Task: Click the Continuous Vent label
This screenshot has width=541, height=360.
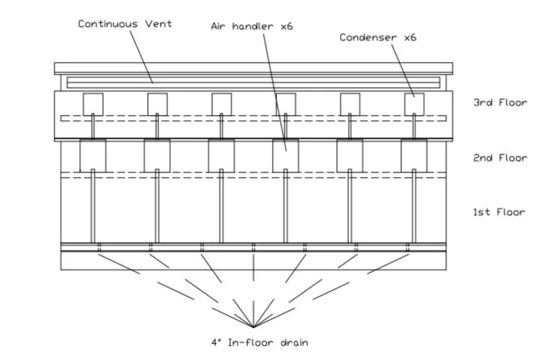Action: coord(125,24)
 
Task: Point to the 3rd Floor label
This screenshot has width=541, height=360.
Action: coord(500,103)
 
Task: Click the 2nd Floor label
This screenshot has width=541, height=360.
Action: coord(500,158)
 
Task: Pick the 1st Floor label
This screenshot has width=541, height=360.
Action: coord(500,213)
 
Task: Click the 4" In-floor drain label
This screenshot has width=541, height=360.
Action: coord(259,343)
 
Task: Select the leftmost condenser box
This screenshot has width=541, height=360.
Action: coord(93,103)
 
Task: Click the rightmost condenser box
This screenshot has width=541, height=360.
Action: coord(414,103)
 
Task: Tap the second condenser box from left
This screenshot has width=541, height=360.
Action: coord(157,103)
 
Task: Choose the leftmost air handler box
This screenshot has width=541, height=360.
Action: coord(93,155)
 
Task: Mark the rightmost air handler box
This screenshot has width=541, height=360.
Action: coord(414,155)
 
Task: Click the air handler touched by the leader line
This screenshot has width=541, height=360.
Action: coord(285,155)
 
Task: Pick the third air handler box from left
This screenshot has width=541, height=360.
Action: coord(221,155)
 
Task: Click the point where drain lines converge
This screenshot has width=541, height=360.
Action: coord(254,327)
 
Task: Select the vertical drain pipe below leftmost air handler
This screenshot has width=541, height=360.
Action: coord(93,209)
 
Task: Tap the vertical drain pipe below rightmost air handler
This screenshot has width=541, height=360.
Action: coord(414,209)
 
